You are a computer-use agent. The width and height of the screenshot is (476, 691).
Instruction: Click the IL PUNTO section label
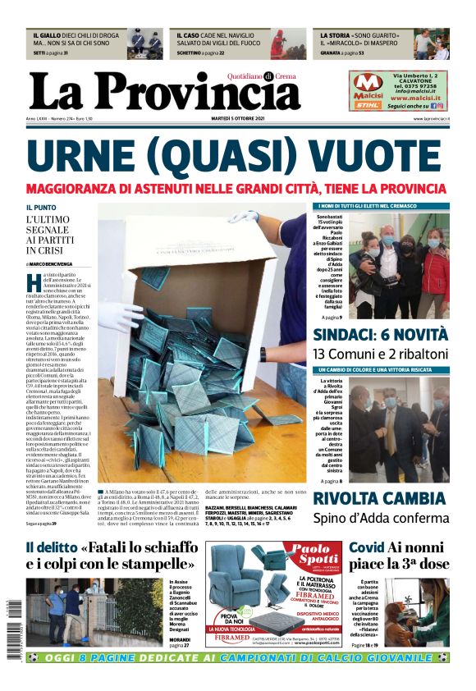tap(41, 208)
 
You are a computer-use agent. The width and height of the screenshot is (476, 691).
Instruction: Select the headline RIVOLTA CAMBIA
tap(391, 498)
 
